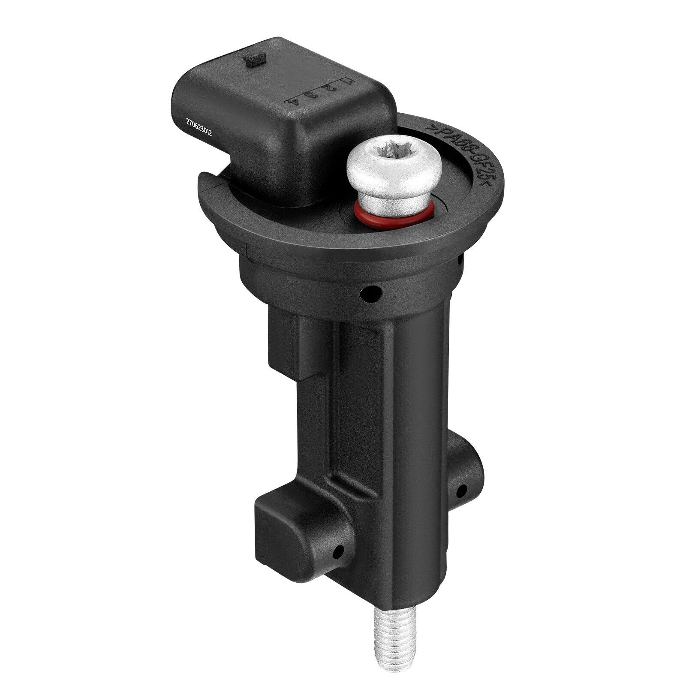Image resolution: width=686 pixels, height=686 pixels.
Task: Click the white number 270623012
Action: tap(199, 127)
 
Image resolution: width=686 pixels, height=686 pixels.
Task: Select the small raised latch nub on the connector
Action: tap(255, 60)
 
